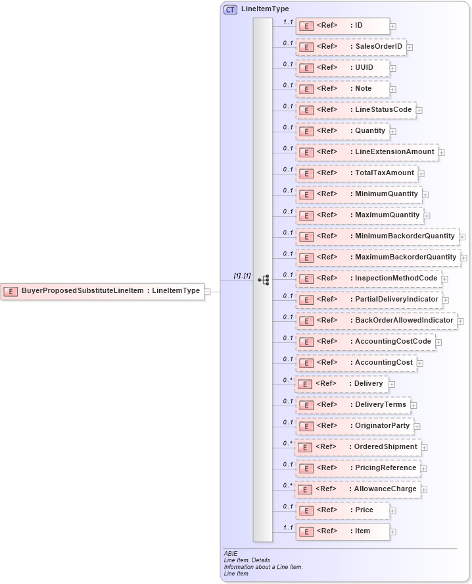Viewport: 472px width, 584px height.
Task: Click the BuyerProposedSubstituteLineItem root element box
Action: (102, 290)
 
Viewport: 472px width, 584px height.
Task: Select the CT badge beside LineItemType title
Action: (230, 9)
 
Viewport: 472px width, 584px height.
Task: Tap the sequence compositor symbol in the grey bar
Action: (264, 280)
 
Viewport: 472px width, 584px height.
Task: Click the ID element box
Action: (342, 26)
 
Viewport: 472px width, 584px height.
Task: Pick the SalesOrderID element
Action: (350, 47)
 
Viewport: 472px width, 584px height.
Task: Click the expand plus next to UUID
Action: (393, 68)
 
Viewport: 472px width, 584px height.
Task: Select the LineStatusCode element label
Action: (383, 109)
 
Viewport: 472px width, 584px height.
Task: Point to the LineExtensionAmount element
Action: (366, 152)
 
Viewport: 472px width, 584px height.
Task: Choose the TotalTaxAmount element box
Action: (356, 173)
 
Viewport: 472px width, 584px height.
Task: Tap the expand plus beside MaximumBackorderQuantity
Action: (464, 258)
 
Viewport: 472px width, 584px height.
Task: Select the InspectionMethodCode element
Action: (368, 279)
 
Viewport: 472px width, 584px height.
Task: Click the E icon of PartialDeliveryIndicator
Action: (306, 300)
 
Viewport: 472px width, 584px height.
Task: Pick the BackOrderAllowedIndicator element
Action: (376, 321)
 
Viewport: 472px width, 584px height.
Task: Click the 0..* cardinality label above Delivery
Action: (287, 380)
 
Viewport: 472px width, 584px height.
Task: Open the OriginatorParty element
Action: (354, 426)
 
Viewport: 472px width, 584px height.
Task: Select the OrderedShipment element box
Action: (358, 447)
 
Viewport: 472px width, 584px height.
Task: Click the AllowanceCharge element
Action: (358, 489)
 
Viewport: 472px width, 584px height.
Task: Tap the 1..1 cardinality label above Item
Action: (287, 527)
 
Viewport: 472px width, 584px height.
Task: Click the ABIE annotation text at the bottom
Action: (231, 554)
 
